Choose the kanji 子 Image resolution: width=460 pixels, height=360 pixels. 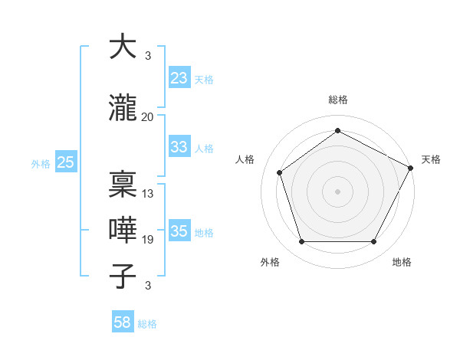coord(123,277)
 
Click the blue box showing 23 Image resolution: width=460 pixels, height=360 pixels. coord(179,78)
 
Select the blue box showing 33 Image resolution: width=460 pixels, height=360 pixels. coord(179,147)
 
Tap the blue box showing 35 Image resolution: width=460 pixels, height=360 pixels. coord(179,231)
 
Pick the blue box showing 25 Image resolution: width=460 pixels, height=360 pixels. coord(65,162)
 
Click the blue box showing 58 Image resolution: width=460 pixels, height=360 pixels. coord(123,322)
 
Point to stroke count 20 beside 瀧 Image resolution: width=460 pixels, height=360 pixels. coord(147,117)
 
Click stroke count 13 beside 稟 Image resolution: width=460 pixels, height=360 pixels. coord(147,194)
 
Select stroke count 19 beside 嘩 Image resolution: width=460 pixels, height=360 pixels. coord(147,240)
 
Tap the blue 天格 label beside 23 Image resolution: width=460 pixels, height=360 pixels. coord(204,79)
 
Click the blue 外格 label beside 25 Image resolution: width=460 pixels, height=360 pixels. coord(41,163)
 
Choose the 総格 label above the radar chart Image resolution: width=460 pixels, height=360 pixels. coord(337,100)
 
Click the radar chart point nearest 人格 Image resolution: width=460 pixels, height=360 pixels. coord(280,172)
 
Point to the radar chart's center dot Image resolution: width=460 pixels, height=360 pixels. coord(337,191)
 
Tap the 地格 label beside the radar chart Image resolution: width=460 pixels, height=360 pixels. coord(402,262)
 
